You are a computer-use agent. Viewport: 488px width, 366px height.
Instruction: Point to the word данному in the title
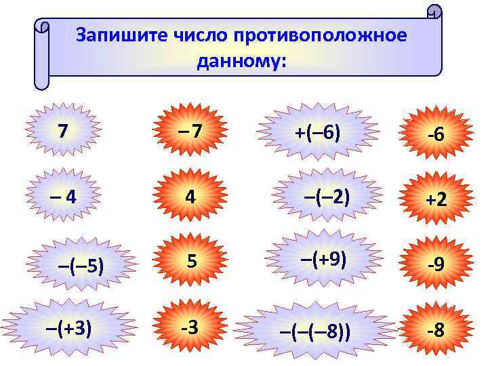point(241,62)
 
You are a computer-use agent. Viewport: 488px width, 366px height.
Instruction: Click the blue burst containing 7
point(62,131)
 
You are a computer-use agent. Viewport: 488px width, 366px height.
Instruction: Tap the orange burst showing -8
point(435,331)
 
